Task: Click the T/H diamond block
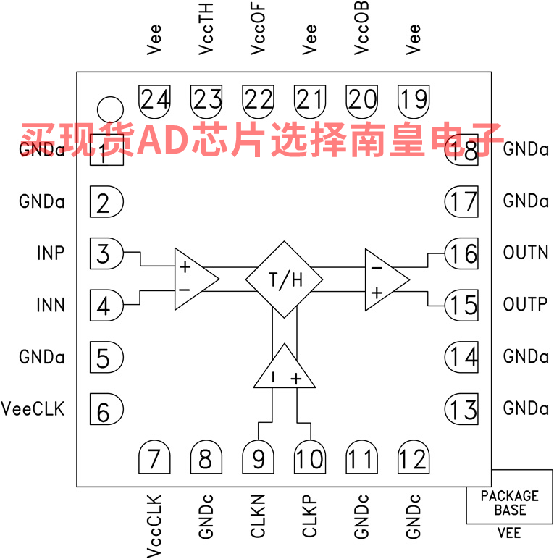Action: click(x=285, y=279)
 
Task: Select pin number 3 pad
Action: click(x=105, y=254)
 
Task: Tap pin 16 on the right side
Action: click(x=461, y=254)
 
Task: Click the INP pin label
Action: click(x=51, y=253)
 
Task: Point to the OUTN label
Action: click(x=525, y=253)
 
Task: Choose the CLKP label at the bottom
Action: click(x=310, y=516)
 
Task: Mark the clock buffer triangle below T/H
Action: click(x=285, y=368)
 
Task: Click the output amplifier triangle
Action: click(x=384, y=279)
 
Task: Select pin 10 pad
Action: click(x=310, y=458)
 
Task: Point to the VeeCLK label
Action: click(x=33, y=409)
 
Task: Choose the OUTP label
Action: click(x=525, y=305)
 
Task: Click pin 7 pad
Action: click(x=154, y=458)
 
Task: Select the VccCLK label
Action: click(x=154, y=526)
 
